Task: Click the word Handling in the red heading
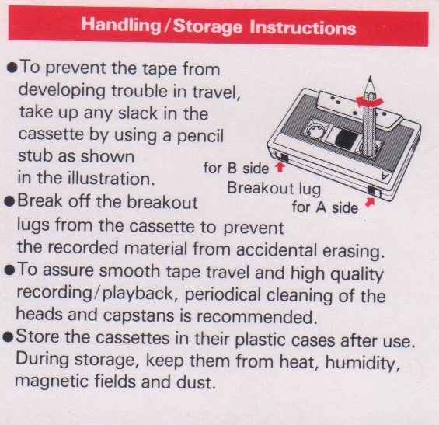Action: click(x=121, y=26)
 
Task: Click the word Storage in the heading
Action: click(x=207, y=27)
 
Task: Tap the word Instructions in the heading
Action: click(x=303, y=27)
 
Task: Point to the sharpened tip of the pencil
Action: click(x=371, y=77)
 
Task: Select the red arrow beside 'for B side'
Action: click(x=280, y=167)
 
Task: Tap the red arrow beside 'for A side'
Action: click(x=370, y=202)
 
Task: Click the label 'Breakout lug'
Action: click(x=274, y=189)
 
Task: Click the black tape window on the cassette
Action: click(x=347, y=139)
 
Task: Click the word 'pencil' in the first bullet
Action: click(x=200, y=136)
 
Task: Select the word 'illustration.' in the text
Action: click(x=111, y=179)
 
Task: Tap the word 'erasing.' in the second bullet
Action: click(x=354, y=252)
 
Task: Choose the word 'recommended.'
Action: click(x=257, y=317)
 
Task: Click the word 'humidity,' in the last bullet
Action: click(x=363, y=363)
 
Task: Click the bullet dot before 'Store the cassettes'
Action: click(x=8, y=337)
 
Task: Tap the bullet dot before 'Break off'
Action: click(x=9, y=201)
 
